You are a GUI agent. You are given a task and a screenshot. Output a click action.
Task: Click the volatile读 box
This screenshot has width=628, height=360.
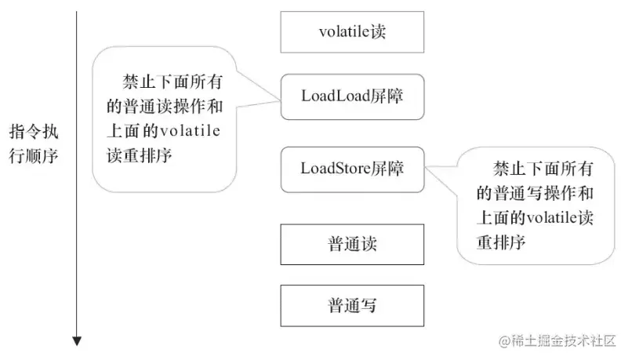(352, 32)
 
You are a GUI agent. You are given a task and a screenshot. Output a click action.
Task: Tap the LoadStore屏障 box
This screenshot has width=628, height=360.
(352, 168)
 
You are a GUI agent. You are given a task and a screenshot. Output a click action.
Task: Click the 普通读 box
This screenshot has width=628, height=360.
(352, 244)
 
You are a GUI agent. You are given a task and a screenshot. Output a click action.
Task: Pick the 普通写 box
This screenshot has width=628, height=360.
(352, 305)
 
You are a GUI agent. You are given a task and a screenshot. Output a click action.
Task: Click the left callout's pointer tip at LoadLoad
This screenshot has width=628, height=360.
(280, 99)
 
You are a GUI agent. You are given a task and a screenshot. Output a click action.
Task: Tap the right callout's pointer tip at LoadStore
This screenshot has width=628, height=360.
(425, 166)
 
